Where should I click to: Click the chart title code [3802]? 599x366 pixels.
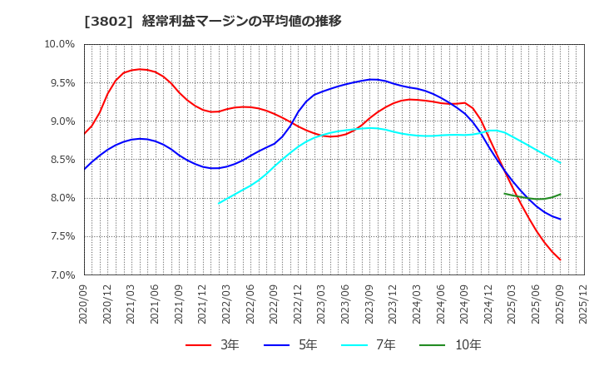click(103, 22)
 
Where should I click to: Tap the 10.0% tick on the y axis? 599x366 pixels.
click(58, 44)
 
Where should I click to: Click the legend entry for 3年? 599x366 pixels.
click(213, 344)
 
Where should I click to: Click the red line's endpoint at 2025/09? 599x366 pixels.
click(560, 260)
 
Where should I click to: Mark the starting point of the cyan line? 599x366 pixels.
click(219, 203)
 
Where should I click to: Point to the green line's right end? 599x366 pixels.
click(560, 195)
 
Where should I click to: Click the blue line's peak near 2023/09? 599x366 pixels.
click(372, 79)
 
